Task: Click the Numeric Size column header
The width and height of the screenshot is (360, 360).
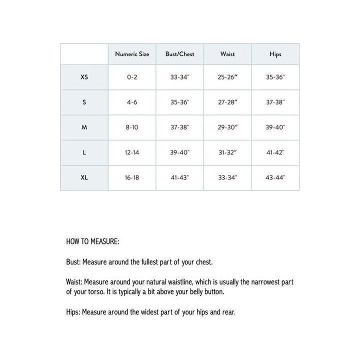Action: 132,54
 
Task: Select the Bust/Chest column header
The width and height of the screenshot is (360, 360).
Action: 180,54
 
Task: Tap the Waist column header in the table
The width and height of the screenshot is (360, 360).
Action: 227,54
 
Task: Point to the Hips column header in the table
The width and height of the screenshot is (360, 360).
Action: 275,54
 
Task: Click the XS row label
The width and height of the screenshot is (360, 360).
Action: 84,77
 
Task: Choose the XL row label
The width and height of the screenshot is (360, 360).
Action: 84,177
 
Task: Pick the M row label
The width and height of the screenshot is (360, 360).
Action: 84,127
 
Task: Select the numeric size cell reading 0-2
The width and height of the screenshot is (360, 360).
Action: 132,77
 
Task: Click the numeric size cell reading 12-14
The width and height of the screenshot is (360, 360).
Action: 132,152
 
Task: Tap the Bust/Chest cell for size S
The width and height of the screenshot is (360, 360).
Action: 180,102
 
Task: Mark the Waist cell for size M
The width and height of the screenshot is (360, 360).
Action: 227,127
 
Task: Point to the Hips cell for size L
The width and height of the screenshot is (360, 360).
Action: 275,152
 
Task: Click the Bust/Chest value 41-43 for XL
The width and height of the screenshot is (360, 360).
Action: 180,177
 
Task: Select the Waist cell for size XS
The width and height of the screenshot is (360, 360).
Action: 227,77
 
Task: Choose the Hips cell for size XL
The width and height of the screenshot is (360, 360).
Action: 275,177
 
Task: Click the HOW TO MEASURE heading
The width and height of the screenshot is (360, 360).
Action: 92,241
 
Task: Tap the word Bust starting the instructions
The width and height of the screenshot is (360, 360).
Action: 72,262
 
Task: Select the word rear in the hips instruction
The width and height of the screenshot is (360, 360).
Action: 228,312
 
